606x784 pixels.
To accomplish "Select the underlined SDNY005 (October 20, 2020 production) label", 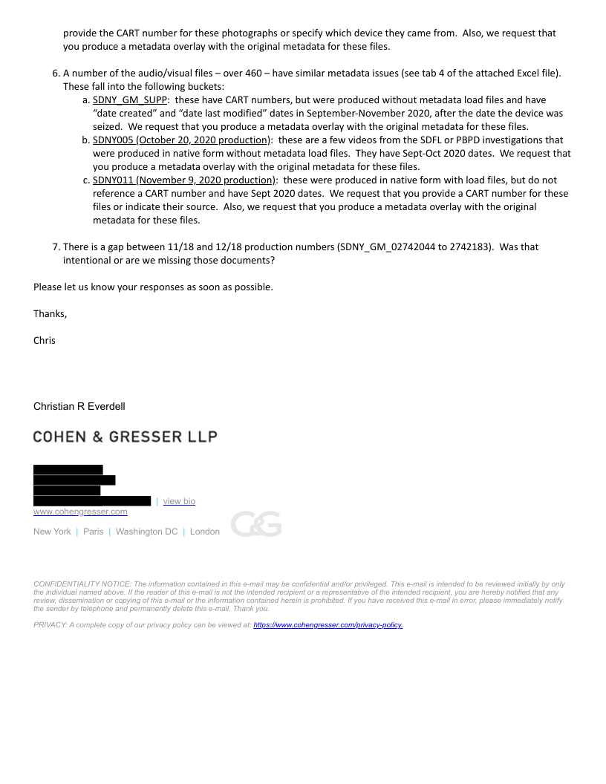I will click(x=181, y=140).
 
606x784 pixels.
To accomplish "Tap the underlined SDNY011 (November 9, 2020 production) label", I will click(x=183, y=180).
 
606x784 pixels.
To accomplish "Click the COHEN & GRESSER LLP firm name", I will click(x=125, y=437).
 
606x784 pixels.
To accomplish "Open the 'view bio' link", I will click(x=179, y=501).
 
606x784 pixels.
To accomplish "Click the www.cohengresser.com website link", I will click(x=80, y=512).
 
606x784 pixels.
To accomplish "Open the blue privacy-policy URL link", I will click(x=328, y=625).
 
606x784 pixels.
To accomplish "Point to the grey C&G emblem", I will click(x=255, y=524).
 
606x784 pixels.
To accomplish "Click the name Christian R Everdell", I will click(x=79, y=406).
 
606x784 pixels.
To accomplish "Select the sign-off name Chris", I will click(x=45, y=341).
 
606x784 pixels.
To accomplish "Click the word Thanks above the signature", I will click(x=49, y=314).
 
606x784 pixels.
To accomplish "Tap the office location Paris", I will click(x=94, y=532).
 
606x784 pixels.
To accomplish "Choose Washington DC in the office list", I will click(x=146, y=532).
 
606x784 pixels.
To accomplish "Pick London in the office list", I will click(x=205, y=532).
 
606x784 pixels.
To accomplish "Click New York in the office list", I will click(x=52, y=532).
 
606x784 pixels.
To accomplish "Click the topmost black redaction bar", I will click(x=68, y=469).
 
